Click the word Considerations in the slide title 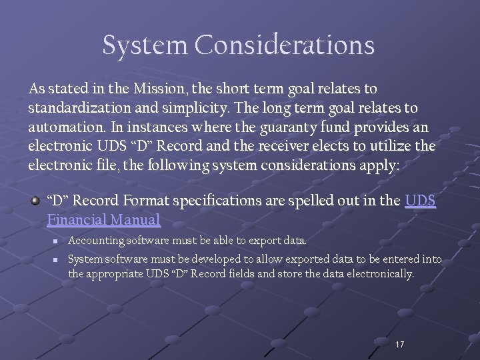(285, 45)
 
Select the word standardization (80, 107)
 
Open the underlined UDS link (420, 200)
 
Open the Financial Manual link (103, 219)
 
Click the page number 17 (399, 345)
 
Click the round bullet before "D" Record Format (35, 199)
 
